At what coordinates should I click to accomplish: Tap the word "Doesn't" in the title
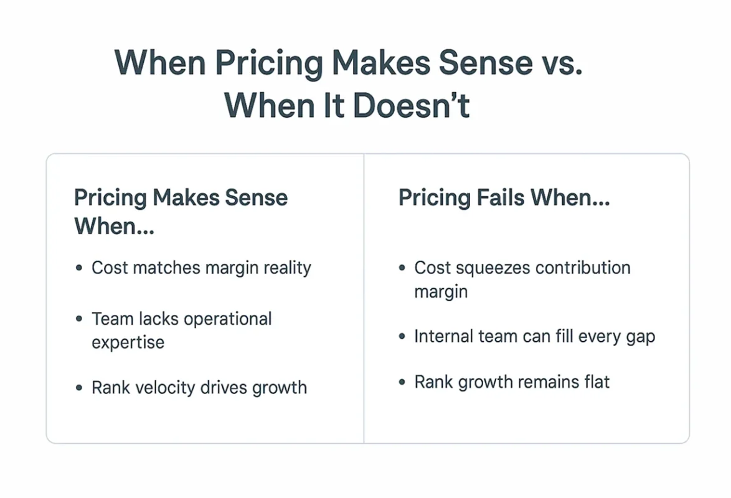[411, 105]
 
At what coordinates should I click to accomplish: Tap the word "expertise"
[128, 342]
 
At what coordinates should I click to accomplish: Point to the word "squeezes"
[490, 268]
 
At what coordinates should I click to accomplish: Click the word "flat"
[593, 381]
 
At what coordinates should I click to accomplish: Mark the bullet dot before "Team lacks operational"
[78, 319]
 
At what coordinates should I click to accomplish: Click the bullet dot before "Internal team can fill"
[402, 337]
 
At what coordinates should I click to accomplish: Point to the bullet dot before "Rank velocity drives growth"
[78, 388]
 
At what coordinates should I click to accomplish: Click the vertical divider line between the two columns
[364, 299]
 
